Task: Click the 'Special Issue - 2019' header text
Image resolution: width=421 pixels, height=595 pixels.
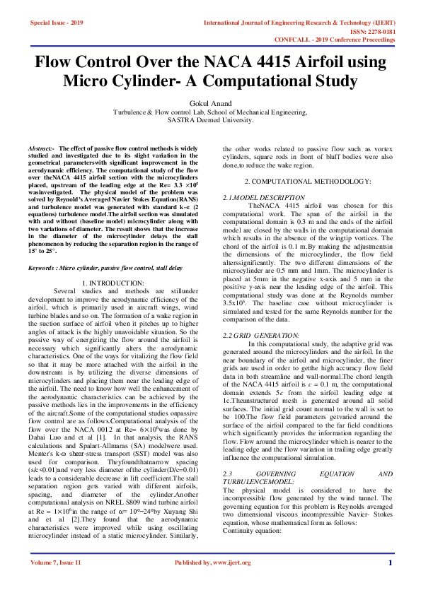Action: pyautogui.click(x=56, y=23)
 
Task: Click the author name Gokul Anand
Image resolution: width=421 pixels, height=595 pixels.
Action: pyautogui.click(x=210, y=103)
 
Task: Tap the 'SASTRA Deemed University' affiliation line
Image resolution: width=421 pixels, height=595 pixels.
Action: pyautogui.click(x=210, y=120)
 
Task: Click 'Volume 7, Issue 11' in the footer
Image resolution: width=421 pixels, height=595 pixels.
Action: pyautogui.click(x=56, y=562)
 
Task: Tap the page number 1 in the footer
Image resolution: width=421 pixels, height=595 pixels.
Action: pyautogui.click(x=390, y=562)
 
